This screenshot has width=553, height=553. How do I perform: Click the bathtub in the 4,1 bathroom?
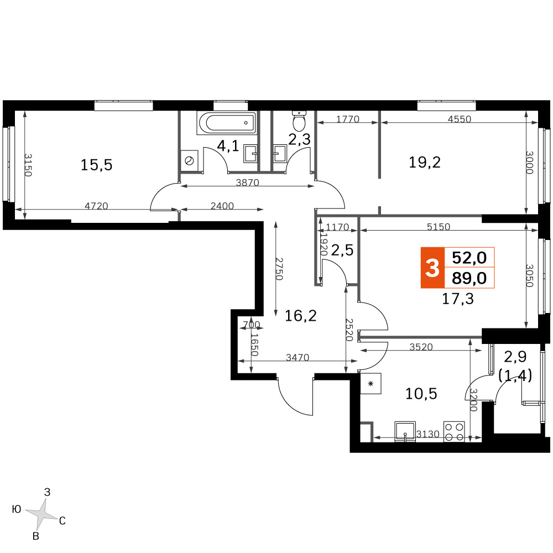coord(226,123)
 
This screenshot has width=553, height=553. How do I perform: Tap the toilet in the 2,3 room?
coord(299,121)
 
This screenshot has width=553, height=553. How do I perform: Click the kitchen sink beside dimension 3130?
coord(405,431)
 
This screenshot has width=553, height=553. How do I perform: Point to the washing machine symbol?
coord(189,161)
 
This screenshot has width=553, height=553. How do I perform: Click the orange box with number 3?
coord(432,268)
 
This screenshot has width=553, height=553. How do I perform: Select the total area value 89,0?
coord(469,278)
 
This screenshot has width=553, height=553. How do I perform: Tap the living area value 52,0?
coord(469,258)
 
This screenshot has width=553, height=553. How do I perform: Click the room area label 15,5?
coord(96,165)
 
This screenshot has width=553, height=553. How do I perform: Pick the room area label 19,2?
coord(425,163)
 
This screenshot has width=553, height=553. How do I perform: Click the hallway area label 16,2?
coord(300,316)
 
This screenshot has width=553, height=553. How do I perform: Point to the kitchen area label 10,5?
coord(421,393)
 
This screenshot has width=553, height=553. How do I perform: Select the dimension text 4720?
coord(96,206)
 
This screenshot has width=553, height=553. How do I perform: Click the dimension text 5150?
coord(439,227)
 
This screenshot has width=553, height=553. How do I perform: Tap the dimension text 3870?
coord(247,182)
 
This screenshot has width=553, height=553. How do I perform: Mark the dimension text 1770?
coord(348,119)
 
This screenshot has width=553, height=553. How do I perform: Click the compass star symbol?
coord(41,514)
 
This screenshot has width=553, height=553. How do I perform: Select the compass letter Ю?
coord(17,509)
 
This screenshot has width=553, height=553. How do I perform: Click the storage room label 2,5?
coord(342,250)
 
